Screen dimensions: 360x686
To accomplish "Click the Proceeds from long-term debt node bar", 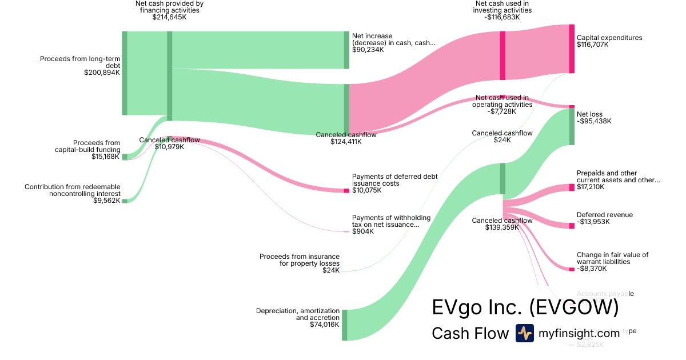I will click(x=125, y=73).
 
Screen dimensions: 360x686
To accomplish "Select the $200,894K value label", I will click(x=102, y=73).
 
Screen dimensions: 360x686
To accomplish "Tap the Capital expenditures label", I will click(x=609, y=38).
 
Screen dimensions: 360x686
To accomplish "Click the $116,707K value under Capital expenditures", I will click(x=593, y=45).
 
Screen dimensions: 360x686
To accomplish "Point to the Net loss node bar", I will click(x=572, y=126).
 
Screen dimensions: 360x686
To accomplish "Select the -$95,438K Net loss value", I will click(x=594, y=121).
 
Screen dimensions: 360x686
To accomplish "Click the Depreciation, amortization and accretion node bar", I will click(x=344, y=325).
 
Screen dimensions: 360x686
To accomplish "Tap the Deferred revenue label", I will click(x=605, y=215).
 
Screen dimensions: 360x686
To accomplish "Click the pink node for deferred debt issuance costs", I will click(x=346, y=190).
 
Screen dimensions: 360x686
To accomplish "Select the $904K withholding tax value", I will click(x=362, y=231).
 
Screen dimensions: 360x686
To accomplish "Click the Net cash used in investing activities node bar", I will click(x=502, y=55).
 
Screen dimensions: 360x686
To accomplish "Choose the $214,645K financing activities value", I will click(x=170, y=17).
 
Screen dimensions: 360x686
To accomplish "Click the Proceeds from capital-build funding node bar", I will click(x=125, y=157).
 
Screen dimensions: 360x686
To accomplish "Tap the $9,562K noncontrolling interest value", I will click(x=106, y=201).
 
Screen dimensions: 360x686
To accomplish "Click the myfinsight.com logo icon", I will click(x=524, y=333).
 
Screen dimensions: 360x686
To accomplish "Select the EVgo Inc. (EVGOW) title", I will click(x=525, y=307).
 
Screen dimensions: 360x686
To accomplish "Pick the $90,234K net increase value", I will click(x=368, y=50).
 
